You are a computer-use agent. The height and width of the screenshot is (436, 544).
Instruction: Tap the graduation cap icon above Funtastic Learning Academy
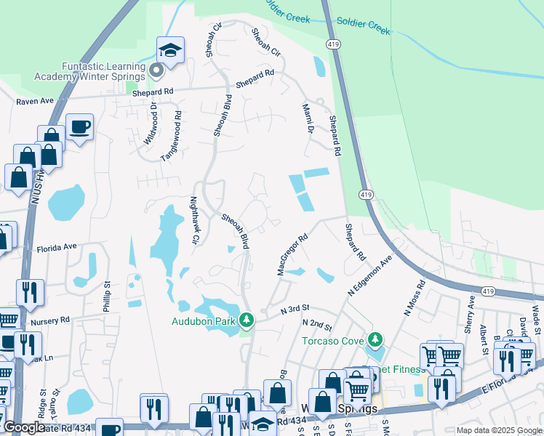[x=170, y=50]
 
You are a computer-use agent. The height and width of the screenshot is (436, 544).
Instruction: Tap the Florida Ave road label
[x=57, y=247]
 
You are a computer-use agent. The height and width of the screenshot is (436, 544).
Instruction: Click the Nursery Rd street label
[x=50, y=319]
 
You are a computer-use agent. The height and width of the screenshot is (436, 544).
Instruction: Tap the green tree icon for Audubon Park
[x=247, y=320]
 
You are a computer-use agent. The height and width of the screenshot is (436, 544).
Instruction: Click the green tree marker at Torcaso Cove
[x=375, y=339]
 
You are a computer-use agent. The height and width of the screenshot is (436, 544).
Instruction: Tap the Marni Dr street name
[x=307, y=118]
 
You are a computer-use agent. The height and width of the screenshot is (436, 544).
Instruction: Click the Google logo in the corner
[x=23, y=428]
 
